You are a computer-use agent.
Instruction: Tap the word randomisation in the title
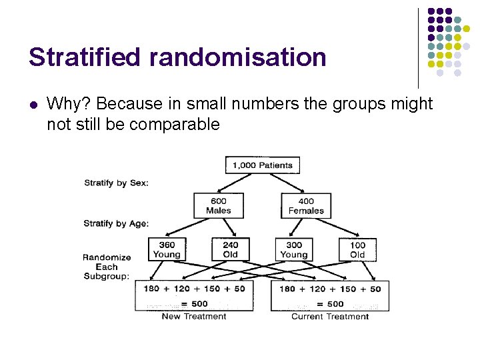coord(238,57)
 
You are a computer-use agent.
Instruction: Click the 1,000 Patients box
coord(263,165)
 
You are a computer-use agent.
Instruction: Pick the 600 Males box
coord(218,205)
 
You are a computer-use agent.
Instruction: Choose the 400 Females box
coord(306,205)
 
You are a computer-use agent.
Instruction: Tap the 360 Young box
coord(167,249)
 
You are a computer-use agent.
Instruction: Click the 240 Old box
coord(230,249)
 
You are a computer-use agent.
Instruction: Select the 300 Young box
coord(293,249)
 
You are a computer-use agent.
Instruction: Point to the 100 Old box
coord(357,249)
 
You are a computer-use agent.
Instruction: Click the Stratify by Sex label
coord(116,183)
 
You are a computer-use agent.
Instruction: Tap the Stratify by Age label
coord(116,224)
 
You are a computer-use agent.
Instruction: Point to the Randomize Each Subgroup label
coord(107,267)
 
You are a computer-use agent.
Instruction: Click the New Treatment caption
coord(194,317)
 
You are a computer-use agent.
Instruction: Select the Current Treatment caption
coord(330,317)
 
